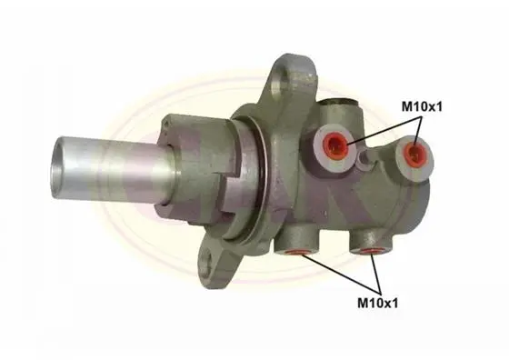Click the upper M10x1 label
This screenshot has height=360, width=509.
coord(422,106)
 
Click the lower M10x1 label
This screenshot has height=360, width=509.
coord(377,303)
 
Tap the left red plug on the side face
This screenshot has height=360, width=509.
coord(336,145)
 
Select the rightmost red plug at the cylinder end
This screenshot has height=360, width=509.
coord(414,152)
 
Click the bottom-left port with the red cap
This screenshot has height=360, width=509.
coord(295,252)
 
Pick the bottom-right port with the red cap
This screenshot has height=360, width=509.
coord(371,251)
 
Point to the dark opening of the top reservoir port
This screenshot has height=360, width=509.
coord(339,102)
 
